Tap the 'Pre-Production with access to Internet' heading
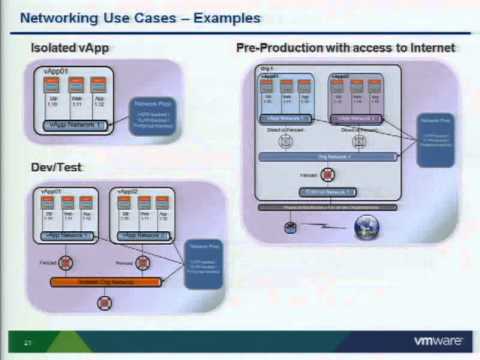point(346,48)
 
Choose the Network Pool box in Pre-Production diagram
point(435,129)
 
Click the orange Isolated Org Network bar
point(106,282)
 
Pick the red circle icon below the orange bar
point(102,301)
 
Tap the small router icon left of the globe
point(290,227)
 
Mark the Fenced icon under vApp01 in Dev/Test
point(68,264)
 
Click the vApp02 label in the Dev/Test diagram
point(123,190)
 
